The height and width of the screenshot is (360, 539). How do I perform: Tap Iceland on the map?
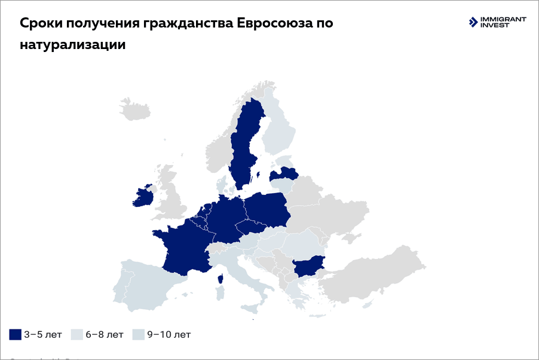coord(134,110)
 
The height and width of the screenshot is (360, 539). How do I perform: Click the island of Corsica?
coord(221,279)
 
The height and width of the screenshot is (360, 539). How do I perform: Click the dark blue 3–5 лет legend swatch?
coord(15,334)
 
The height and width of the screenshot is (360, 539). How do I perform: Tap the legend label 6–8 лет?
coord(105,334)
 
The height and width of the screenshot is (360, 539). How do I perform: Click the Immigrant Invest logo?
coord(497,23)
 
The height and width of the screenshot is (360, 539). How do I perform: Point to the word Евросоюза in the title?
coord(275,23)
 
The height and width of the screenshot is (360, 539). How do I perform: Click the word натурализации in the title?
coord(72,45)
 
